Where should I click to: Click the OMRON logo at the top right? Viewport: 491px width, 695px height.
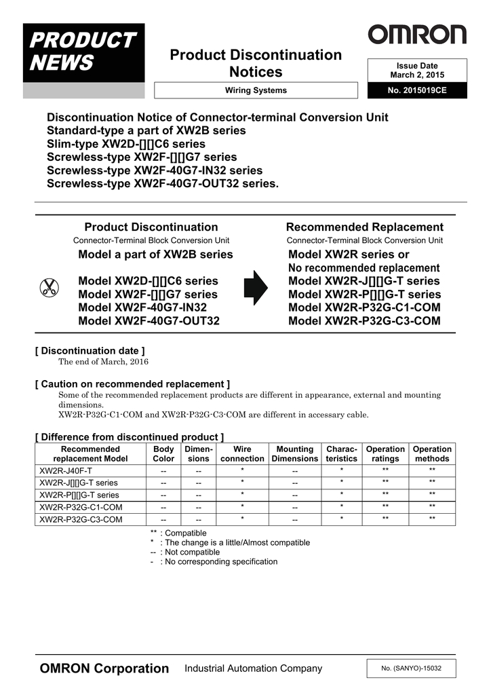pyautogui.click(x=417, y=35)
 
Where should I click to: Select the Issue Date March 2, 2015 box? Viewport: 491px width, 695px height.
pyautogui.click(x=417, y=71)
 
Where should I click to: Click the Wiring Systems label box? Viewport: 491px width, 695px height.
pyautogui.click(x=256, y=90)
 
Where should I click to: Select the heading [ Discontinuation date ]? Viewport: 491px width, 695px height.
pyautogui.click(x=90, y=351)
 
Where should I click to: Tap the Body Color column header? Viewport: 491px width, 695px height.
pyautogui.click(x=163, y=453)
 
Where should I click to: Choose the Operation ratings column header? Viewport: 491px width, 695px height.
pyautogui.click(x=385, y=453)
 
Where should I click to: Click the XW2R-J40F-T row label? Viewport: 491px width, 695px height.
pyautogui.click(x=66, y=470)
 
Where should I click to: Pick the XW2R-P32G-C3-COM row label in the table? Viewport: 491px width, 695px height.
pyautogui.click(x=81, y=519)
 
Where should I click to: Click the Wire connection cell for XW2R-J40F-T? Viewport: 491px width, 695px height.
pyautogui.click(x=242, y=470)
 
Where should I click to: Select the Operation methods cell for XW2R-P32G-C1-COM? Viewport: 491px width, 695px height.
pyautogui.click(x=432, y=507)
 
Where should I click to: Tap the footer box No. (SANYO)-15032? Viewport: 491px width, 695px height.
pyautogui.click(x=411, y=669)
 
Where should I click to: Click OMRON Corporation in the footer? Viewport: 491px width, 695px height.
pyautogui.click(x=104, y=669)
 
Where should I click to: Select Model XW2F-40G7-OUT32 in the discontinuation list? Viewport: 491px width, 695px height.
pyautogui.click(x=149, y=321)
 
